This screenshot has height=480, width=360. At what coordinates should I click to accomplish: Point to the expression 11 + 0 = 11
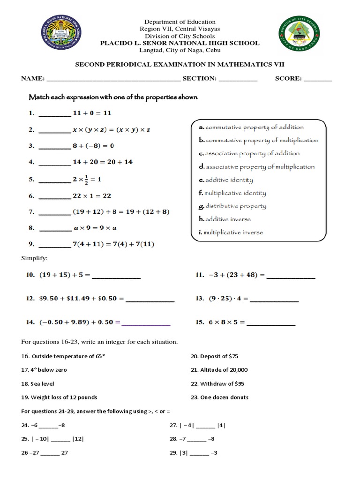pos(92,113)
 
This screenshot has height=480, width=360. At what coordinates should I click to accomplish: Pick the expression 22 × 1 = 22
pos(92,196)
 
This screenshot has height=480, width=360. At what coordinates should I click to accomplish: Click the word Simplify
pos(34,258)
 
